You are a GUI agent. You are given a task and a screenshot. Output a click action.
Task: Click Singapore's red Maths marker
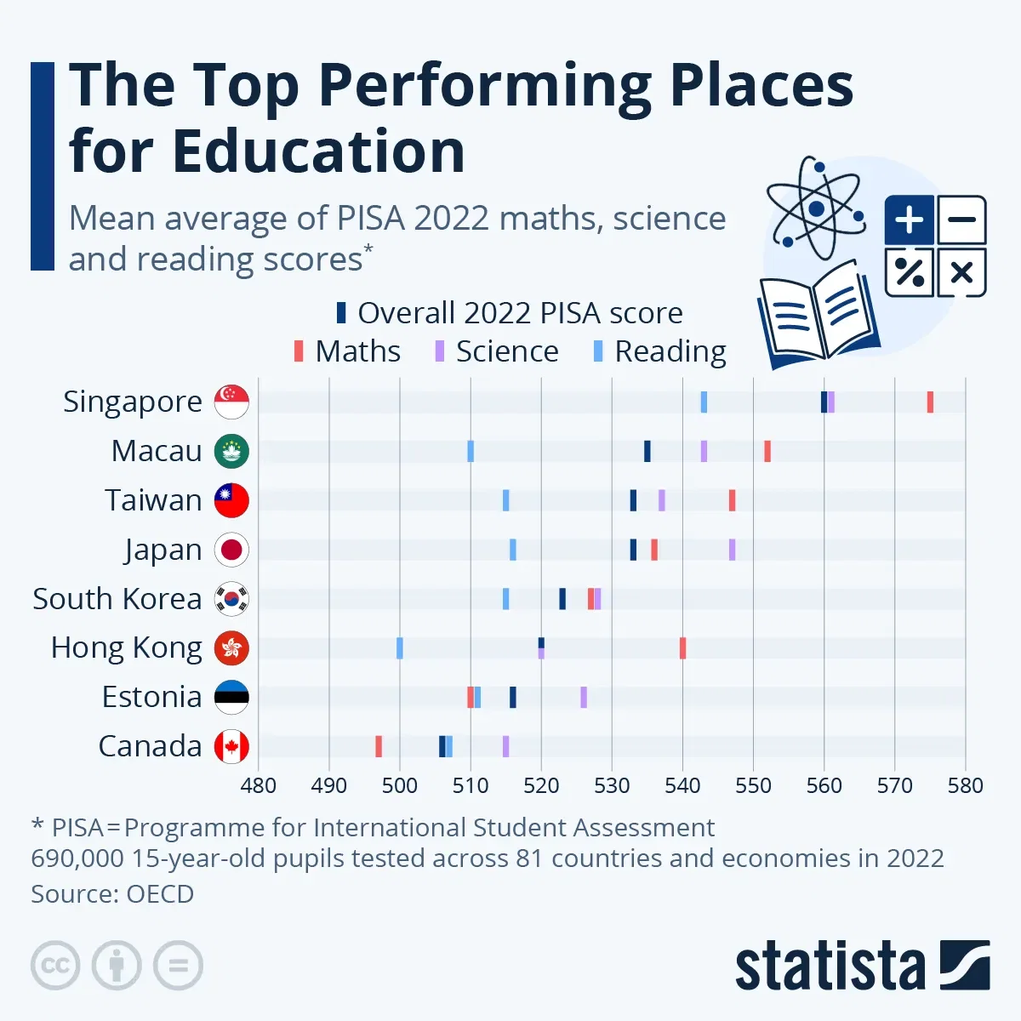pyautogui.click(x=930, y=402)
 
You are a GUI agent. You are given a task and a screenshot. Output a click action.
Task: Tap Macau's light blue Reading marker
pyautogui.click(x=471, y=452)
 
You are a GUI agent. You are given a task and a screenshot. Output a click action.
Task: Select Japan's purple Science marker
pyautogui.click(x=732, y=550)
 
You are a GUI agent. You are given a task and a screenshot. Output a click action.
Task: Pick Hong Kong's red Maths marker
pyautogui.click(x=682, y=648)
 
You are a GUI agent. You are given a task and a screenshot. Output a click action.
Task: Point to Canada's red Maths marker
pyautogui.click(x=379, y=747)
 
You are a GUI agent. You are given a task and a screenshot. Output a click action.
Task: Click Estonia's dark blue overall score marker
pyautogui.click(x=512, y=698)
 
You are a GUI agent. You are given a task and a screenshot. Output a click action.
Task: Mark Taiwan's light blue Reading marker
pyautogui.click(x=505, y=500)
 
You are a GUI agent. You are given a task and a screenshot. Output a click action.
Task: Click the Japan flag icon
pyautogui.click(x=231, y=550)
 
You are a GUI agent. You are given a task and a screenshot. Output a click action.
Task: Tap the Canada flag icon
pyautogui.click(x=231, y=747)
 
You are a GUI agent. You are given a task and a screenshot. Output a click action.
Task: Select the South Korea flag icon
pyautogui.click(x=231, y=599)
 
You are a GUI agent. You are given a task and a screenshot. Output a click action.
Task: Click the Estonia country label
pyautogui.click(x=151, y=698)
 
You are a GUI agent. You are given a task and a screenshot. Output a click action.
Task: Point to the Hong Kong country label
pyautogui.click(x=126, y=648)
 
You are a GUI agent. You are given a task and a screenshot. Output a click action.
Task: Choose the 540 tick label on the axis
pyautogui.click(x=682, y=785)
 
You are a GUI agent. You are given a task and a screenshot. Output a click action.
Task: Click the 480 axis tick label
pyautogui.click(x=258, y=785)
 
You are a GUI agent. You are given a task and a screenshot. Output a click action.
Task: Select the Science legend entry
pyautogui.click(x=497, y=351)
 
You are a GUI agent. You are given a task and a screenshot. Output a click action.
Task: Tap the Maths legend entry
pyautogui.click(x=347, y=351)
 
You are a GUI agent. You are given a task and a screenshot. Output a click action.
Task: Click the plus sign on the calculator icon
pyautogui.click(x=909, y=220)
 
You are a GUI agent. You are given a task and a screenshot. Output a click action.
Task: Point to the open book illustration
pyautogui.click(x=817, y=319)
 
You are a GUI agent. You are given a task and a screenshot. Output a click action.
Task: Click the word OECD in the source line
pyautogui.click(x=160, y=894)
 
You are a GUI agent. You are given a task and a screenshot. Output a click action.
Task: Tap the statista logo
pyautogui.click(x=862, y=966)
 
